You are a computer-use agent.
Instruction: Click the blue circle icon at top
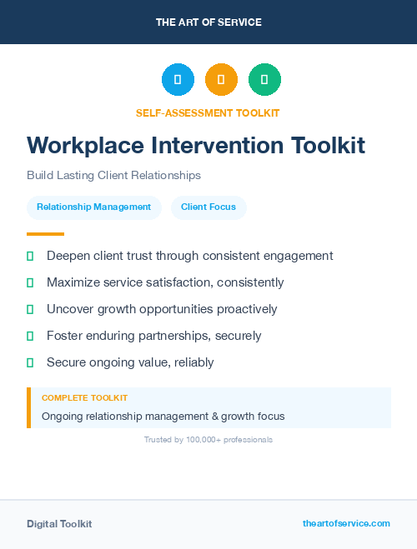pos(178,80)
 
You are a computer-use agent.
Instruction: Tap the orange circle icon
pos(221,80)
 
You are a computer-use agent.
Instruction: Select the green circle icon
pos(264,80)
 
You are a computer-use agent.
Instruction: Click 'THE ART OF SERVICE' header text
pos(208,22)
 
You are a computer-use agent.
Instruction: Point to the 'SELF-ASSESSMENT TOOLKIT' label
pos(208,112)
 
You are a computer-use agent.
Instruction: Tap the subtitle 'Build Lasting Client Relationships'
pos(113,176)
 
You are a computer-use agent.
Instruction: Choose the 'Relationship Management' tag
pos(94,207)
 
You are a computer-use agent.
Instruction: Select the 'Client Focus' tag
pos(208,207)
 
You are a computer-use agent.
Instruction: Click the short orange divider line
pos(45,234)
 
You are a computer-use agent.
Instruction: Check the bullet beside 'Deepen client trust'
pos(30,256)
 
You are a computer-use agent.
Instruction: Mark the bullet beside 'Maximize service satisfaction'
pos(30,282)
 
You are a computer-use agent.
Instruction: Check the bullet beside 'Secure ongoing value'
pos(30,362)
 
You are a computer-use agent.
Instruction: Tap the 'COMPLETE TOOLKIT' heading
pos(84,398)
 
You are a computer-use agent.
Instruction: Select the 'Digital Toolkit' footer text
pos(59,524)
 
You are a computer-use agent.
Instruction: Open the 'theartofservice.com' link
pos(346,523)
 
